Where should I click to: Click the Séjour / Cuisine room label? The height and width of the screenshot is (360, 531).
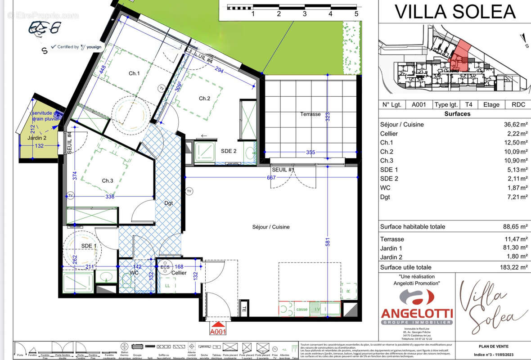(270, 227)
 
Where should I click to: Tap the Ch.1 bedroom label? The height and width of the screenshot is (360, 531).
(134, 73)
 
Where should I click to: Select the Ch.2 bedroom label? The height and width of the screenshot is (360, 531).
(204, 99)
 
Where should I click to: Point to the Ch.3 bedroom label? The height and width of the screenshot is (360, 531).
(107, 180)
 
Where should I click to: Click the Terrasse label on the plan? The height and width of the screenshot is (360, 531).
(310, 114)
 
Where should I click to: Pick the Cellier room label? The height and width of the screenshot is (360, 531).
(179, 273)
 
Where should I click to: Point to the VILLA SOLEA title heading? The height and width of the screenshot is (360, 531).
(454, 12)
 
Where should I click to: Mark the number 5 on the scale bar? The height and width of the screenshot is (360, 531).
(356, 14)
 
